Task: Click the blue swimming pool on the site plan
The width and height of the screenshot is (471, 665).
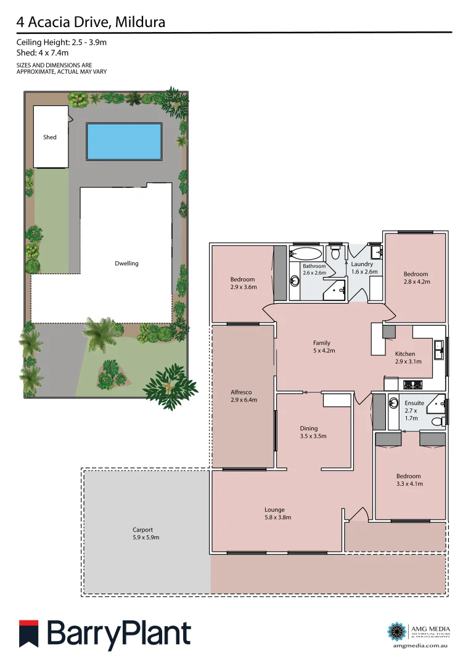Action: point(125,140)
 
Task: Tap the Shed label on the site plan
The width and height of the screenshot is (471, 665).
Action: point(50,137)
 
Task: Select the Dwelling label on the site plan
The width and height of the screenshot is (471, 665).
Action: point(126,264)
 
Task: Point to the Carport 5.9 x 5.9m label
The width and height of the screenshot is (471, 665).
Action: point(142,533)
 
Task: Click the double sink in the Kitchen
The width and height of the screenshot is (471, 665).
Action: point(439,350)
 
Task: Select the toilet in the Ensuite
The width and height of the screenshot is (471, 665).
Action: point(437,422)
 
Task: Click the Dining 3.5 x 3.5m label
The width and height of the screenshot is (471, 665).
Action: point(309,432)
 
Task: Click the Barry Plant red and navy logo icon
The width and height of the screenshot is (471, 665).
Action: point(29,634)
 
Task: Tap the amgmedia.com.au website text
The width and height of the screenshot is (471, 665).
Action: point(419,646)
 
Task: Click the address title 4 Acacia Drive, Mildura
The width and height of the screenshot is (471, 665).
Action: point(91,23)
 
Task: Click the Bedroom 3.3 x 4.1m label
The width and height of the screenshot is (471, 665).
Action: point(409,480)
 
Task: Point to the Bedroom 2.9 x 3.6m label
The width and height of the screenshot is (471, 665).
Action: point(242,283)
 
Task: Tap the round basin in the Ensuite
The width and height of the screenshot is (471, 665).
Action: point(394,404)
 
